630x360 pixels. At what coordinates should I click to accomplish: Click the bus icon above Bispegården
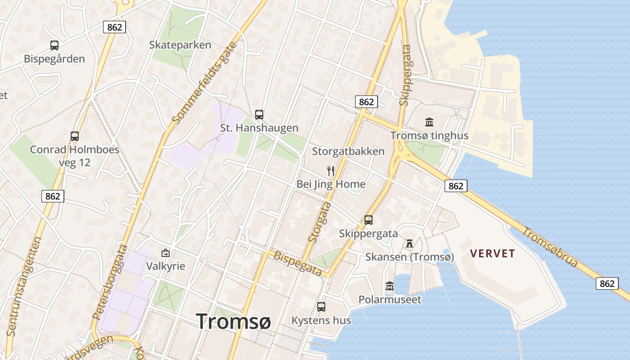54,45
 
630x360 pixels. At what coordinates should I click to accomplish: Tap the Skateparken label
180,45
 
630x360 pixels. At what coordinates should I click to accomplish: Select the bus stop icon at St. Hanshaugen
259,115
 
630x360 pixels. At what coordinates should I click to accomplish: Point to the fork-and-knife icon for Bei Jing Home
331,171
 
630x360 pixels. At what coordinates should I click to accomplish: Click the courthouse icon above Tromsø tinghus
429,122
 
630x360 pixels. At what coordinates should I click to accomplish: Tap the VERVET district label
492,253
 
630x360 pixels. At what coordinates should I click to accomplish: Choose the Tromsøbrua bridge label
550,247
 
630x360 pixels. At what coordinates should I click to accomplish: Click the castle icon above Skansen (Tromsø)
409,243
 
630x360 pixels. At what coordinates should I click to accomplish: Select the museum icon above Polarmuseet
390,286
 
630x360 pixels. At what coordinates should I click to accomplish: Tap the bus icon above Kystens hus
321,307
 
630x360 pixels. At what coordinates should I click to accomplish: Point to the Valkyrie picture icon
166,253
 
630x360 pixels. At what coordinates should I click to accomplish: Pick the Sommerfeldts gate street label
204,83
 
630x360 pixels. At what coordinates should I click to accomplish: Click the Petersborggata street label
110,282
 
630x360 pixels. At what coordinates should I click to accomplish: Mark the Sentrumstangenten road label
25,286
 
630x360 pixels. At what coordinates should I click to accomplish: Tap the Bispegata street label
298,264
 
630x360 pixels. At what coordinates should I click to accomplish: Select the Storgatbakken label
348,151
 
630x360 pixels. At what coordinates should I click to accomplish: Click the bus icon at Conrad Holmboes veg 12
75,136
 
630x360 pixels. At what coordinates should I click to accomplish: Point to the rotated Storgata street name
320,223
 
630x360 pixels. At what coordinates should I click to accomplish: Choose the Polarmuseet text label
390,300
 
